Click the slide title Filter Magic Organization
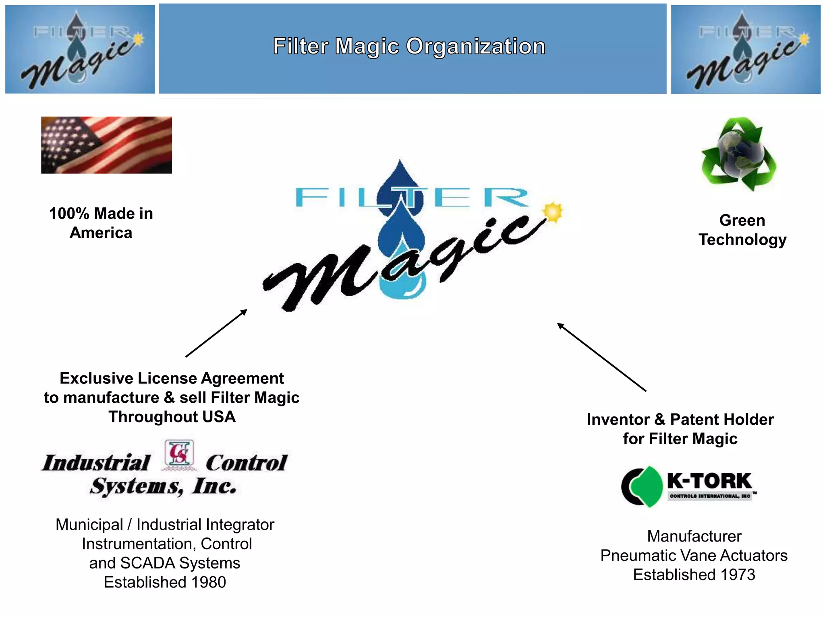pos(409,46)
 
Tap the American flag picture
pos(106,145)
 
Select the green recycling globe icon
pos(739,153)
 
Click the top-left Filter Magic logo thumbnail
pos(80,49)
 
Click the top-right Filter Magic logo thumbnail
pos(746,49)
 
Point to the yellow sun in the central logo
pos(553,212)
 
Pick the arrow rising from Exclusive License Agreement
pos(216,333)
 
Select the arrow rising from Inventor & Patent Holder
pos(601,357)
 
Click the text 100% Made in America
pos(101,223)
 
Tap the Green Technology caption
pos(742,230)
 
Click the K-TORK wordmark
pos(709,480)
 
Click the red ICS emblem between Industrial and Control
pos(179,454)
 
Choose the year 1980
pos(208,582)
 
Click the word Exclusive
pos(97,378)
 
